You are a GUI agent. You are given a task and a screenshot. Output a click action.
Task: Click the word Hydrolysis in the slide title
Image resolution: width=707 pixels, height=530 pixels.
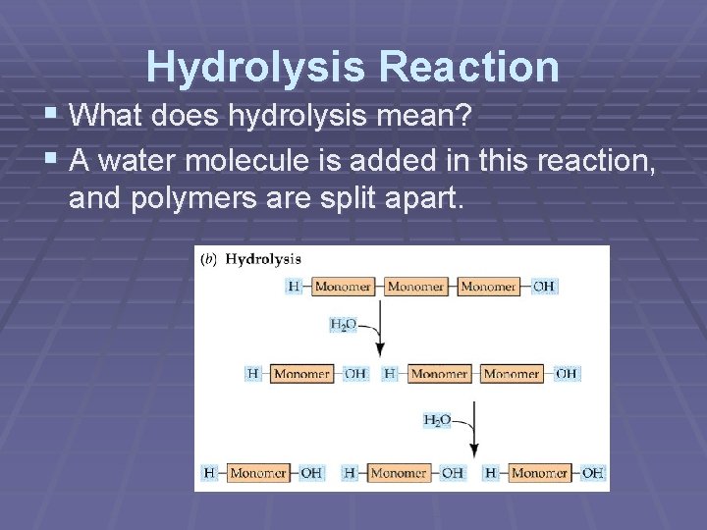253,67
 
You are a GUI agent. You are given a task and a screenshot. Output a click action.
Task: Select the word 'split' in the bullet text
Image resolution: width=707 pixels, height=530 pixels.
358,199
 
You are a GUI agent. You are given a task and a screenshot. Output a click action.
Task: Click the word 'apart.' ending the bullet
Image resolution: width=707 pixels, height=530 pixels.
426,199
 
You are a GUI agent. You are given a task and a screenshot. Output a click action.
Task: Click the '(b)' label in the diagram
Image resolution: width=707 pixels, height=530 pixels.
208,260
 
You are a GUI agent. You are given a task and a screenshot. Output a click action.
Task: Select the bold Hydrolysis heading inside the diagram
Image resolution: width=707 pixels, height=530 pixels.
263,260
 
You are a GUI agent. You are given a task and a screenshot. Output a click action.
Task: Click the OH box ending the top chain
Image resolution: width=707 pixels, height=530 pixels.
544,287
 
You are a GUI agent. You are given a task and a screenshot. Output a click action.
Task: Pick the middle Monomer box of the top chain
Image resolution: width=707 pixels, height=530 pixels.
415,287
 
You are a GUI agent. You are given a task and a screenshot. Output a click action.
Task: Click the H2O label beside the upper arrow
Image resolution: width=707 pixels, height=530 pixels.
343,325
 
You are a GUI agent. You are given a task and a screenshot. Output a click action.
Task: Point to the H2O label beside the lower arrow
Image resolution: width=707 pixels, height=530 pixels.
437,420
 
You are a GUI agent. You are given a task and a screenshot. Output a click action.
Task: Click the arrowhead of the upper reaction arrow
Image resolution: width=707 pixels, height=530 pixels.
380,350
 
